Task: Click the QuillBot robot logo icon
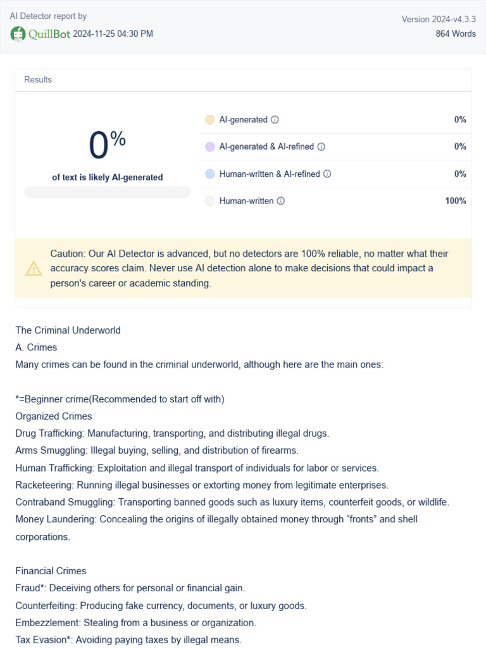click(x=18, y=34)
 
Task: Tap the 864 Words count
click(x=456, y=34)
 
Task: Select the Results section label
click(x=38, y=80)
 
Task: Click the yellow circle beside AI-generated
click(x=210, y=120)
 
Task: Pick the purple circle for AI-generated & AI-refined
click(x=210, y=147)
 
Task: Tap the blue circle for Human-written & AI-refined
click(x=210, y=174)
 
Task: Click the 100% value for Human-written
click(x=456, y=201)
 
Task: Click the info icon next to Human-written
click(x=281, y=201)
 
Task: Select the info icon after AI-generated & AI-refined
click(x=321, y=147)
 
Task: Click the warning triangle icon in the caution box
click(x=34, y=269)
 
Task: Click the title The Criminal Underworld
click(x=68, y=330)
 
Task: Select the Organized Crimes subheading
click(x=54, y=416)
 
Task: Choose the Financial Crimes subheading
click(x=51, y=571)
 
